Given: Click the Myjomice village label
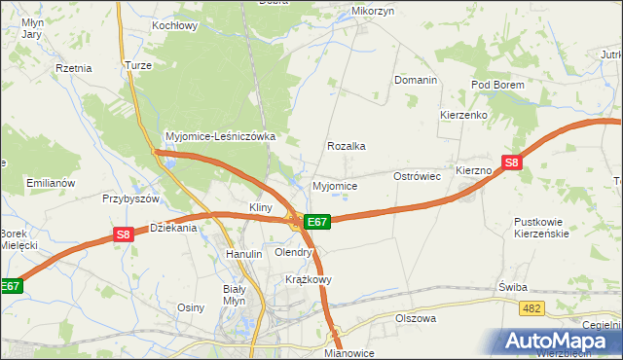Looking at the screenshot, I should tap(334, 186).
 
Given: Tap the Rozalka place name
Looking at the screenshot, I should tap(346, 146).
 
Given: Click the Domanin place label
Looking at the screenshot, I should tap(415, 80).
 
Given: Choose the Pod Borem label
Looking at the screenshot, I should tap(497, 86).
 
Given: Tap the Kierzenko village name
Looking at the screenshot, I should tap(462, 114).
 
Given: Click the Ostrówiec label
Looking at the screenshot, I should tap(418, 176).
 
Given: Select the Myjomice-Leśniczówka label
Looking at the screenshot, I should tap(221, 137).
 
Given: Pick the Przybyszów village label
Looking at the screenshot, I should tap(130, 198).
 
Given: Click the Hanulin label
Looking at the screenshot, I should tap(244, 254).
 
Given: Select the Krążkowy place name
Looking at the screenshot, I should tap(309, 279).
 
